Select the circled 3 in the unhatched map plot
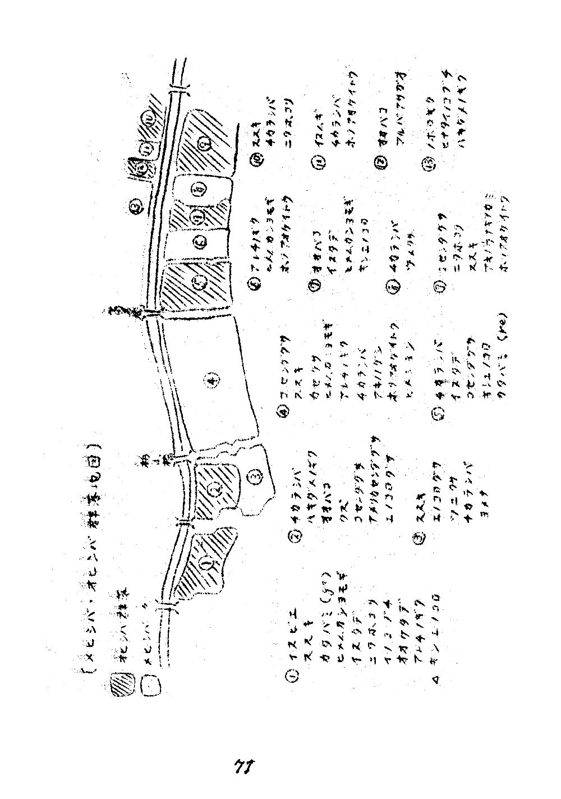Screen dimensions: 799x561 point(254,477)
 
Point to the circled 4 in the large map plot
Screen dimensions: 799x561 point(211,382)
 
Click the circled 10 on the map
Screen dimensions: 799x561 point(149,120)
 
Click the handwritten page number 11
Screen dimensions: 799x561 point(242,766)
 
